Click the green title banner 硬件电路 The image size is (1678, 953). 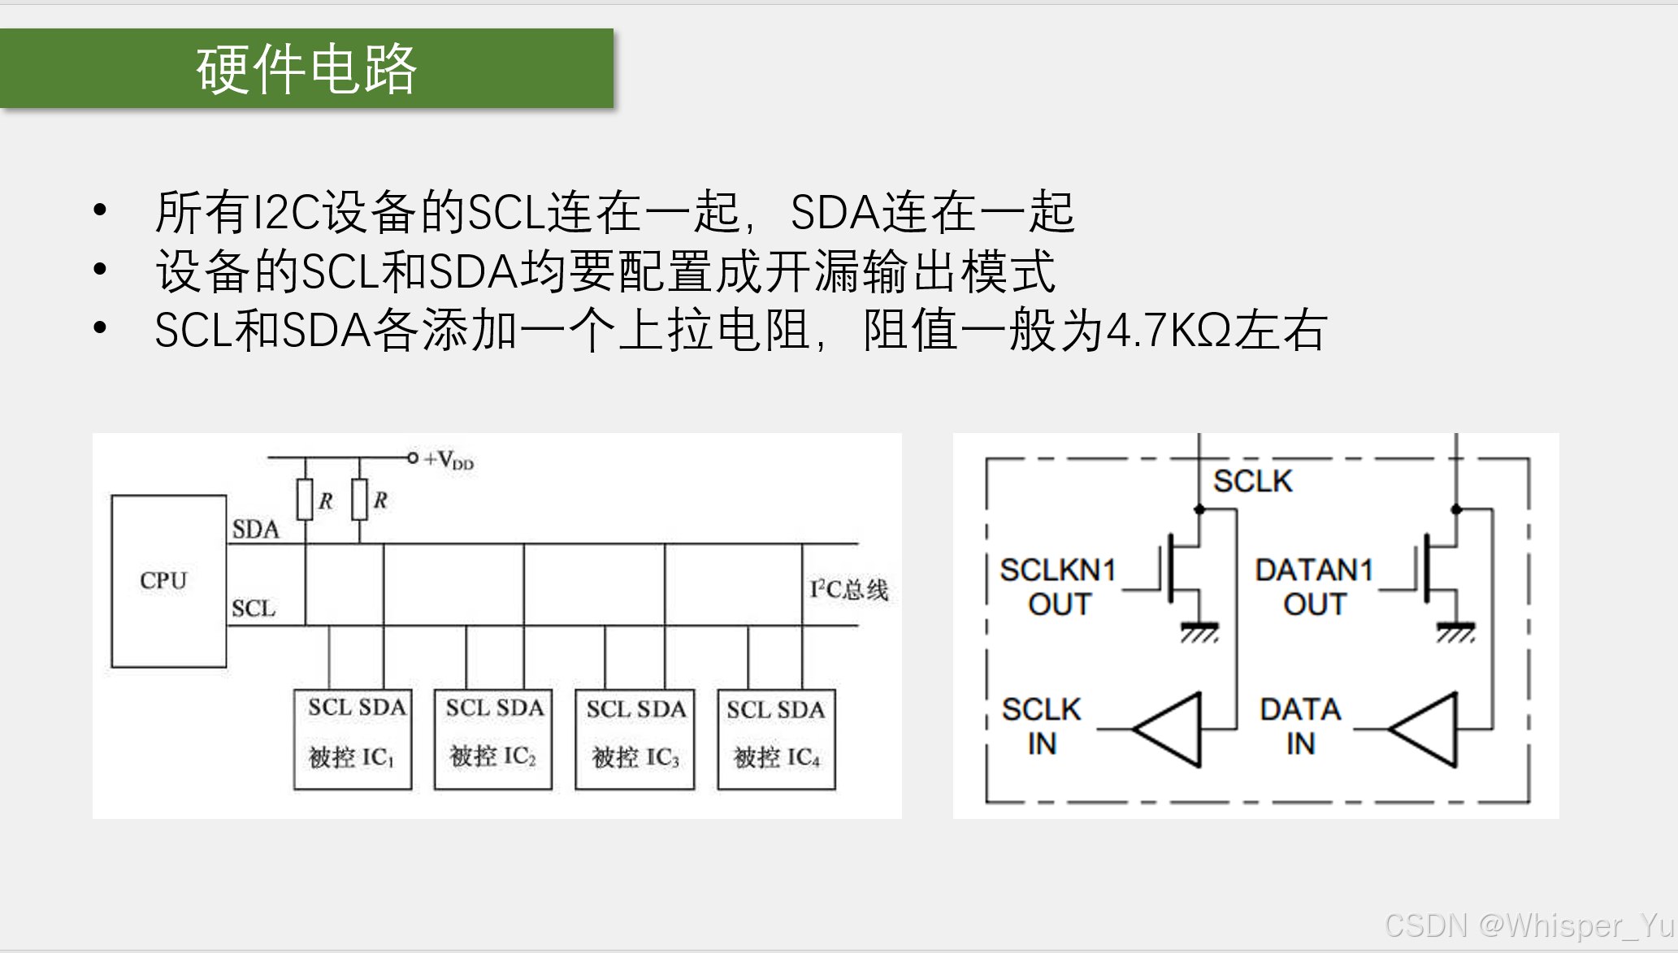(x=306, y=68)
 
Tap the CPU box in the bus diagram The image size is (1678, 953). (x=168, y=581)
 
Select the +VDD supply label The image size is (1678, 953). (x=448, y=460)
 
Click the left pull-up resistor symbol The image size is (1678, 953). (x=306, y=499)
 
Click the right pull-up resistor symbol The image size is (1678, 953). (x=360, y=499)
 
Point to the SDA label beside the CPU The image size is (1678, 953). (x=255, y=530)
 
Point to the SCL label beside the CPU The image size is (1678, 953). (x=254, y=609)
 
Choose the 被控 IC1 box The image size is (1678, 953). (x=353, y=739)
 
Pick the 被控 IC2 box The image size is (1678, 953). (x=493, y=739)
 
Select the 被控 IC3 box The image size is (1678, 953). (x=635, y=739)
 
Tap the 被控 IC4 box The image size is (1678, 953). (x=776, y=739)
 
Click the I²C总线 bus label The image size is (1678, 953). (x=848, y=589)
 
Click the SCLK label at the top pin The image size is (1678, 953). (x=1252, y=481)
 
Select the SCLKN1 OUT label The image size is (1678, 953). (x=1058, y=587)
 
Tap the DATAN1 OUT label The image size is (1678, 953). (x=1314, y=587)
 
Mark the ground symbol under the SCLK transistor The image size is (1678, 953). (x=1199, y=631)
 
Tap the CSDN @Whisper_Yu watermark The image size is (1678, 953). (x=1528, y=925)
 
